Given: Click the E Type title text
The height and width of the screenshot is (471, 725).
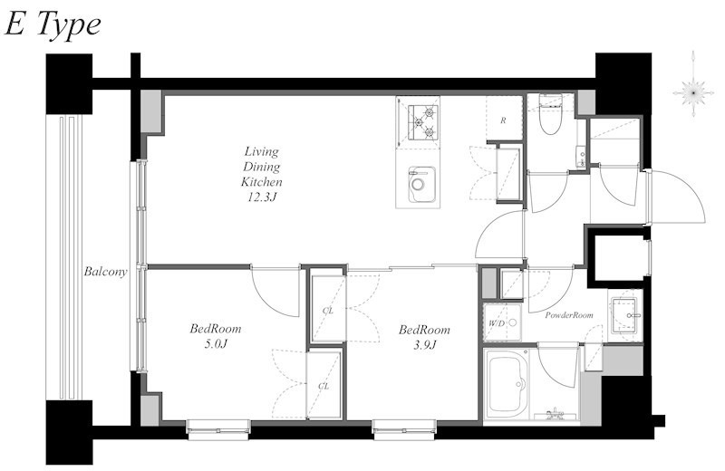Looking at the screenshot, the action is (53, 25).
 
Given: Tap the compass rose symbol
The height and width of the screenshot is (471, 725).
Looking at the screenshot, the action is (693, 92).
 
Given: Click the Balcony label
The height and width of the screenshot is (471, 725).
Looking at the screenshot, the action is (105, 272).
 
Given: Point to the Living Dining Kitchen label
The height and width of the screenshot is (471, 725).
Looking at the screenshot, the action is (261, 167).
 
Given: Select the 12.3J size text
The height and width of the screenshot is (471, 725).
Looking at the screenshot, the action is (262, 197).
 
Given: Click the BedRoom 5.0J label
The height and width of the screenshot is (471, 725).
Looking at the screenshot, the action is (216, 336).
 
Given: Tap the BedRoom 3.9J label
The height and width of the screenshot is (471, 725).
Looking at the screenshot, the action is (424, 337).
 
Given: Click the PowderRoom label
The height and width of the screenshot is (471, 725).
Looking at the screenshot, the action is (569, 315).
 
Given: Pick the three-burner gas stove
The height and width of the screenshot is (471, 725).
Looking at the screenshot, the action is (423, 122).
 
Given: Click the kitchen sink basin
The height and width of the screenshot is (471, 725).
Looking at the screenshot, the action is (421, 185).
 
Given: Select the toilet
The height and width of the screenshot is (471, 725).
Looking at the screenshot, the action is (550, 114).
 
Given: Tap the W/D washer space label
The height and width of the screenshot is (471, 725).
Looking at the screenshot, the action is (496, 323).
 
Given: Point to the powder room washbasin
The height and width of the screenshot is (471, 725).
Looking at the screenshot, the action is (625, 316).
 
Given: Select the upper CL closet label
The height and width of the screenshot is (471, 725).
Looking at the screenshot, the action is (328, 311).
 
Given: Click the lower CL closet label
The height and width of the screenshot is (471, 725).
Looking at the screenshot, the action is (324, 386).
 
